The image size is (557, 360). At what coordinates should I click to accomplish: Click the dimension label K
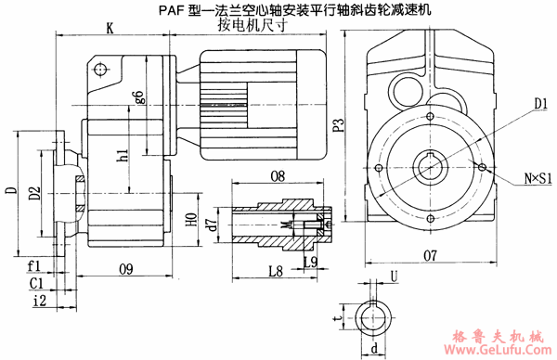(110, 29)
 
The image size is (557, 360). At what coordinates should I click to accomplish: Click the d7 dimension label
(213, 223)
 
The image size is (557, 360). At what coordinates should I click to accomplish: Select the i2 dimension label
(38, 301)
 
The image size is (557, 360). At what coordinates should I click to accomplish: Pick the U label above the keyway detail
(395, 276)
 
